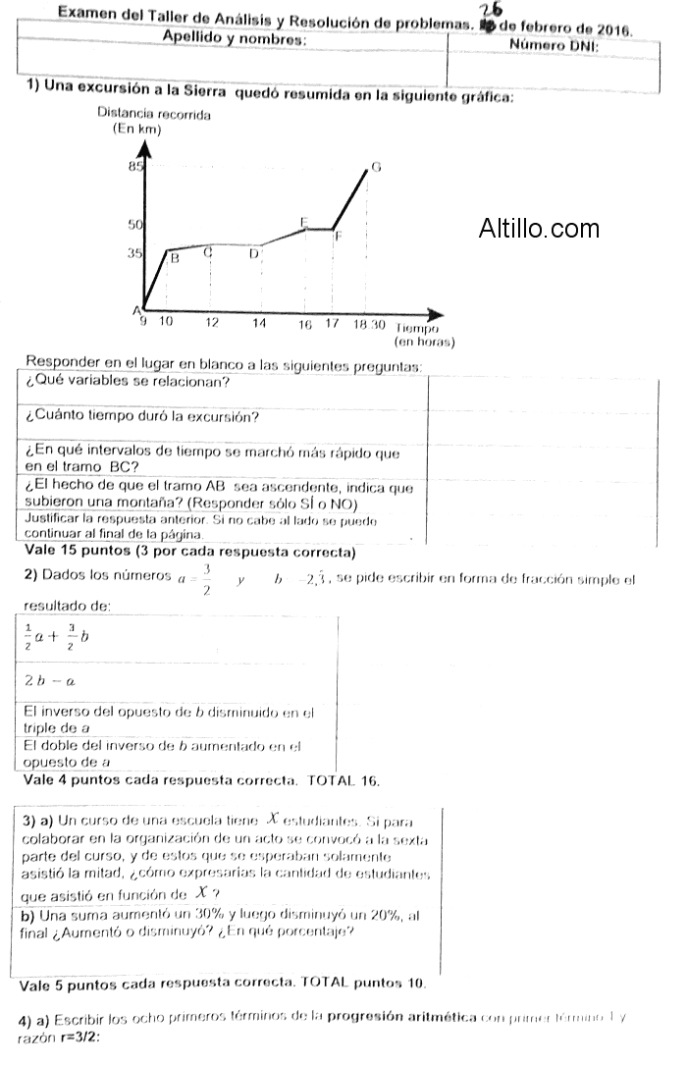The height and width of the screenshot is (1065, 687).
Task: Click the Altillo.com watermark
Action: [539, 229]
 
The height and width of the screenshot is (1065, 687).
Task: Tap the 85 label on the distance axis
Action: [135, 168]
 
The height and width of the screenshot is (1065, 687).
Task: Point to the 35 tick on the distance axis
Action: [135, 252]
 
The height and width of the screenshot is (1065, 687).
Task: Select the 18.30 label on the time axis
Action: [369, 323]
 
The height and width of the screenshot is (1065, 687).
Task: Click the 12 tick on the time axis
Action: [212, 323]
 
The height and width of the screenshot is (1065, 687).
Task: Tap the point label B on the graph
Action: [175, 260]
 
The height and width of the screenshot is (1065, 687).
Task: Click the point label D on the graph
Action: [253, 254]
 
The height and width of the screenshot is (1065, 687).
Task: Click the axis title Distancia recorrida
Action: [154, 114]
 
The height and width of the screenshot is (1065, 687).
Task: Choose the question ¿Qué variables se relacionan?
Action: [129, 382]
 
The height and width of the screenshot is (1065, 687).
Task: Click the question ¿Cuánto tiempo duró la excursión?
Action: [142, 417]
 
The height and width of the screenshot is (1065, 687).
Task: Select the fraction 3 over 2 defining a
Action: [206, 579]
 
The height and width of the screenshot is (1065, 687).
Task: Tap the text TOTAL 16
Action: [343, 780]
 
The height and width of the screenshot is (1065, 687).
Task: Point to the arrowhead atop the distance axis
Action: [146, 149]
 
